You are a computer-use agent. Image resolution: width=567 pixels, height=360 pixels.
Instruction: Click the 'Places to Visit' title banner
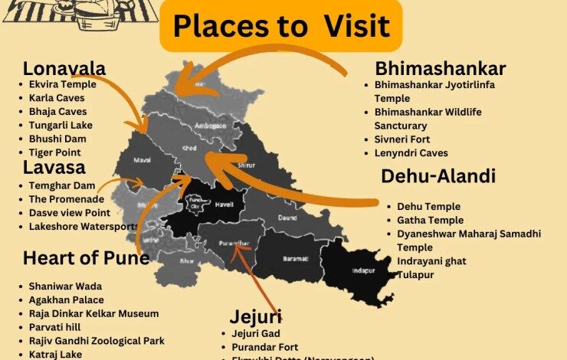[x=280, y=27]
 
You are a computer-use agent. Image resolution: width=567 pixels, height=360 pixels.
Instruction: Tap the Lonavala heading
[x=64, y=68]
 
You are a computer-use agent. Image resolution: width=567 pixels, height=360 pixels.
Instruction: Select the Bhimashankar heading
[x=440, y=68]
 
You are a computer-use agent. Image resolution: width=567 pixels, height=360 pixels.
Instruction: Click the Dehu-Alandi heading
[x=438, y=176]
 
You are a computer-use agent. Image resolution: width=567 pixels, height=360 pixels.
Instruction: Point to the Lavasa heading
[x=54, y=167]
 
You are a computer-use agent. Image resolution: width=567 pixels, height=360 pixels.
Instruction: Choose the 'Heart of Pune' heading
[x=86, y=257]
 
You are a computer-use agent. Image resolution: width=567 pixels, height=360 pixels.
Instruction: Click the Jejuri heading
[x=255, y=316]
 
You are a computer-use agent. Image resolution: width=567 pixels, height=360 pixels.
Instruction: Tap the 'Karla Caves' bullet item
[x=57, y=98]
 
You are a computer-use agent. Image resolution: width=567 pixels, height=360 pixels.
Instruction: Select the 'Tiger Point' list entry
[x=56, y=152]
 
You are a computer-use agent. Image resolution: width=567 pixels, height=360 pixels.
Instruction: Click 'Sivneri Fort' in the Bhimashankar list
[x=402, y=139]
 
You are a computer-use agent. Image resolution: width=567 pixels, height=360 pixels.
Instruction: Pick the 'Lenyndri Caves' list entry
[x=411, y=153]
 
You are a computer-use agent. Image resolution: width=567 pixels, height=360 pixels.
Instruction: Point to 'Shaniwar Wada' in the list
[x=65, y=286]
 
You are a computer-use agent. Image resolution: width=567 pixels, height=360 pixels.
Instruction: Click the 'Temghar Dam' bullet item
[x=61, y=185]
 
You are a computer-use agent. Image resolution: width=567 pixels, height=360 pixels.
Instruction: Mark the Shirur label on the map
[x=269, y=164]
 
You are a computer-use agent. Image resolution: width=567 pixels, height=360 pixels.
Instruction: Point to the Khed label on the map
[x=188, y=148]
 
